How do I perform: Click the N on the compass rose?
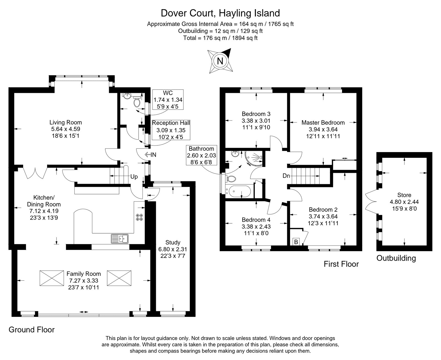click(220, 61)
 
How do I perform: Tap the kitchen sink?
click(120, 239)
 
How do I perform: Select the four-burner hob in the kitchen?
click(139, 217)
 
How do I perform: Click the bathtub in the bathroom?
click(240, 191)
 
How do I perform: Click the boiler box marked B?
click(296, 242)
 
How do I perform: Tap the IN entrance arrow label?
click(150, 155)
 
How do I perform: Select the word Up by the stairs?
click(134, 177)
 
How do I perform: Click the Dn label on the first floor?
click(286, 176)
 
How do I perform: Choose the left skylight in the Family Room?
click(52, 278)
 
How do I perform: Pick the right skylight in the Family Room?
click(119, 278)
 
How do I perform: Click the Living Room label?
click(66, 123)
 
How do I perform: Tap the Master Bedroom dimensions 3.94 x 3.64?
click(323, 129)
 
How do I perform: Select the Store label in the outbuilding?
click(404, 195)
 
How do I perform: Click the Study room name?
click(173, 242)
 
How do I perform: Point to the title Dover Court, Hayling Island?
click(220, 13)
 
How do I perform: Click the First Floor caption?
click(341, 264)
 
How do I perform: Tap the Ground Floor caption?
click(32, 329)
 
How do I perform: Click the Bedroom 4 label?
click(256, 220)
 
